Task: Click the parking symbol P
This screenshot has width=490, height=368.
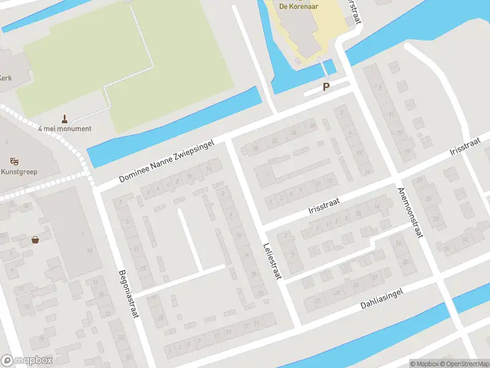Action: (x=326, y=87)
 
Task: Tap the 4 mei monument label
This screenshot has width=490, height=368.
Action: (x=64, y=129)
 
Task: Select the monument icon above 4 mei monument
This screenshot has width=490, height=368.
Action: (x=64, y=118)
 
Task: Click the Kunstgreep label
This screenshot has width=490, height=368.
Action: (x=19, y=172)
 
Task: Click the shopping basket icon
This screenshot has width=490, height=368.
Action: (x=36, y=240)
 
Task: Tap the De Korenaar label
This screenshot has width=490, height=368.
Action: (x=300, y=6)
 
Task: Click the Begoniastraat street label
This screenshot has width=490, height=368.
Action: (x=127, y=294)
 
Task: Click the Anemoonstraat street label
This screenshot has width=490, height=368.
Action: (x=410, y=212)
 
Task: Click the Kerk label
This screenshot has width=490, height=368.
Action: (x=6, y=78)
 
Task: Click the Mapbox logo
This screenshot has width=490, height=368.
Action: (x=27, y=361)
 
